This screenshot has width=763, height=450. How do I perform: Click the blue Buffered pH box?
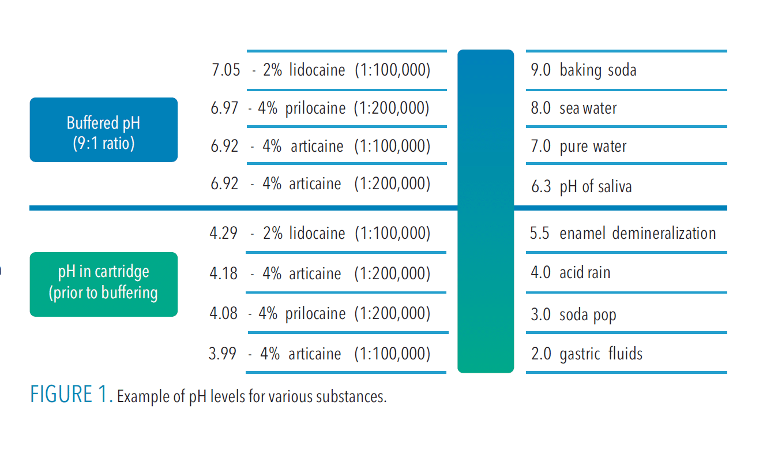click(103, 130)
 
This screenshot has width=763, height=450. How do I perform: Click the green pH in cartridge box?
click(103, 284)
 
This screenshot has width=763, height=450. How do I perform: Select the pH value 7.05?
click(225, 70)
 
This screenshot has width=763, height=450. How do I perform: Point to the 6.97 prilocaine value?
click(224, 108)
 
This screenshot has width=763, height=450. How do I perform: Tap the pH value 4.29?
click(224, 233)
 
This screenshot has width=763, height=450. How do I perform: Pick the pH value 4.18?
click(224, 273)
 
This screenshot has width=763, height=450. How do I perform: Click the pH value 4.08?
click(224, 313)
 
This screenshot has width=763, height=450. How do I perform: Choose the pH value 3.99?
click(223, 353)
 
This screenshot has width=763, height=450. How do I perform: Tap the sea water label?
click(588, 108)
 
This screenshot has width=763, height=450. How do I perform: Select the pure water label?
click(593, 146)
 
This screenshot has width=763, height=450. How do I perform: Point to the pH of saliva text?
click(596, 187)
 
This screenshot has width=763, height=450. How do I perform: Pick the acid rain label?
click(585, 272)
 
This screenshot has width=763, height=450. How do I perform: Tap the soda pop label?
click(588, 315)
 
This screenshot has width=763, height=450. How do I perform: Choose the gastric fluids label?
click(601, 354)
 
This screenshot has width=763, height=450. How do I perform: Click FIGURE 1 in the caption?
click(71, 395)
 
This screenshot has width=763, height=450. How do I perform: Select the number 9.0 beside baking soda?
click(540, 70)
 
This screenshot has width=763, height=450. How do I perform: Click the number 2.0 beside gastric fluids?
click(540, 354)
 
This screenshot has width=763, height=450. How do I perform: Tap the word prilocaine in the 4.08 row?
click(315, 313)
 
